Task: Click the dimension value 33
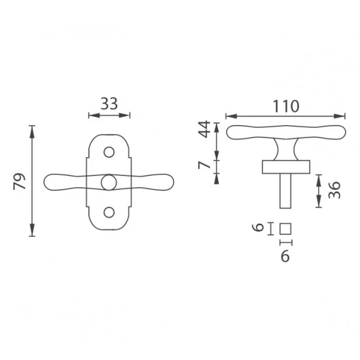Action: tap(109, 103)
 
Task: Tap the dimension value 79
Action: tap(19, 181)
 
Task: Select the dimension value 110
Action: tap(286, 106)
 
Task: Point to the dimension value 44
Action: tap(204, 129)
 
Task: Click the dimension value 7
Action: tap(204, 165)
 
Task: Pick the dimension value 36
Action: tap(334, 190)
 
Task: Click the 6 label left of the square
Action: tap(258, 228)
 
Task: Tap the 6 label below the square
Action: tap(285, 256)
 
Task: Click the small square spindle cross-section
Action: tap(285, 229)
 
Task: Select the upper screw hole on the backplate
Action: tap(109, 152)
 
